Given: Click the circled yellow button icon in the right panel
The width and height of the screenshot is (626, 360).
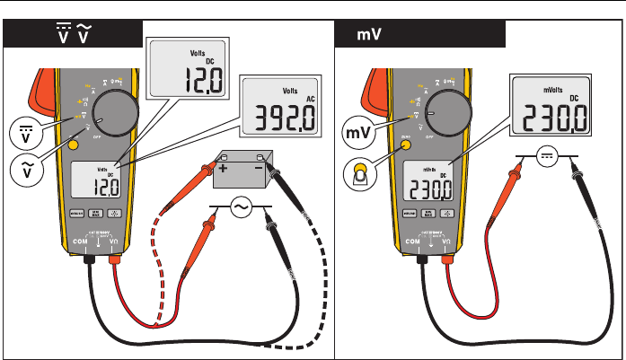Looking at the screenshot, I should [361, 173].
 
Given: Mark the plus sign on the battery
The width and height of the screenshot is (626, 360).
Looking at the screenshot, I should [221, 169].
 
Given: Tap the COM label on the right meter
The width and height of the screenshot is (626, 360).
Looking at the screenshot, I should [413, 241].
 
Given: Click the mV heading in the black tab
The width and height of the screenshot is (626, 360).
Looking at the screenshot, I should [365, 36].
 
